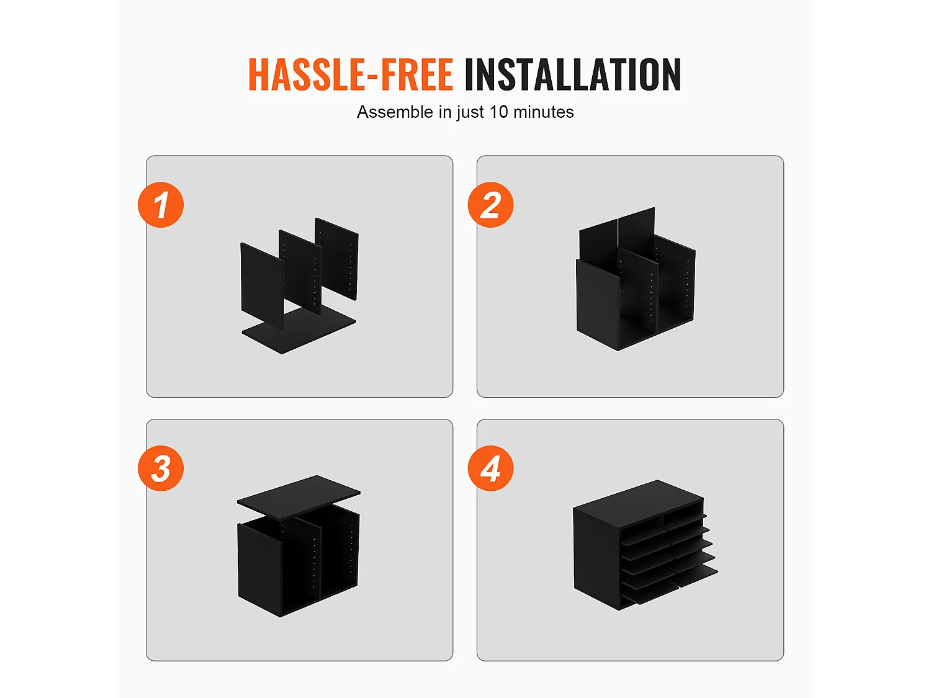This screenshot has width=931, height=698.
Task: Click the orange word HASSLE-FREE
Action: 351,74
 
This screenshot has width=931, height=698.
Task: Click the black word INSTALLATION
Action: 573,74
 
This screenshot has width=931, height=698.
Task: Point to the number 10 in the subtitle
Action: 498,112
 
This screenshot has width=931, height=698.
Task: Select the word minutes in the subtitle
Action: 543,112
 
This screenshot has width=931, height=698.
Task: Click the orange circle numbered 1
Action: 161,205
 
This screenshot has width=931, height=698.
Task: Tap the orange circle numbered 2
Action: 491,205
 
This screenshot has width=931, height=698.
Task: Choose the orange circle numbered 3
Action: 161,468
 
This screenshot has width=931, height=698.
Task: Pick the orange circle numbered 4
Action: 491,468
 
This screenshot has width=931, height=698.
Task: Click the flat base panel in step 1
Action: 299,329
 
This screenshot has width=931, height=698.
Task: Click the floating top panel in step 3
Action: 299,497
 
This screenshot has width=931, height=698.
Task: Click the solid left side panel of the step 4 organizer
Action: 596,560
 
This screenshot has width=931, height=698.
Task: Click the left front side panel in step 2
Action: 598,304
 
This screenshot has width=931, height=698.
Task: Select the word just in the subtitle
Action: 470,113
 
